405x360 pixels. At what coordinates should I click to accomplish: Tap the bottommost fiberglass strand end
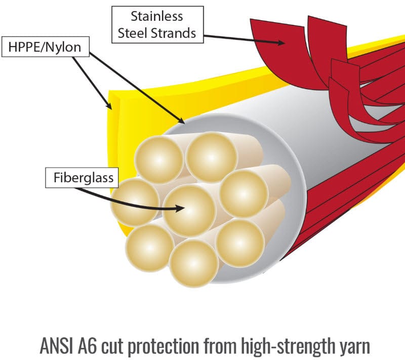(x=193, y=263)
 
